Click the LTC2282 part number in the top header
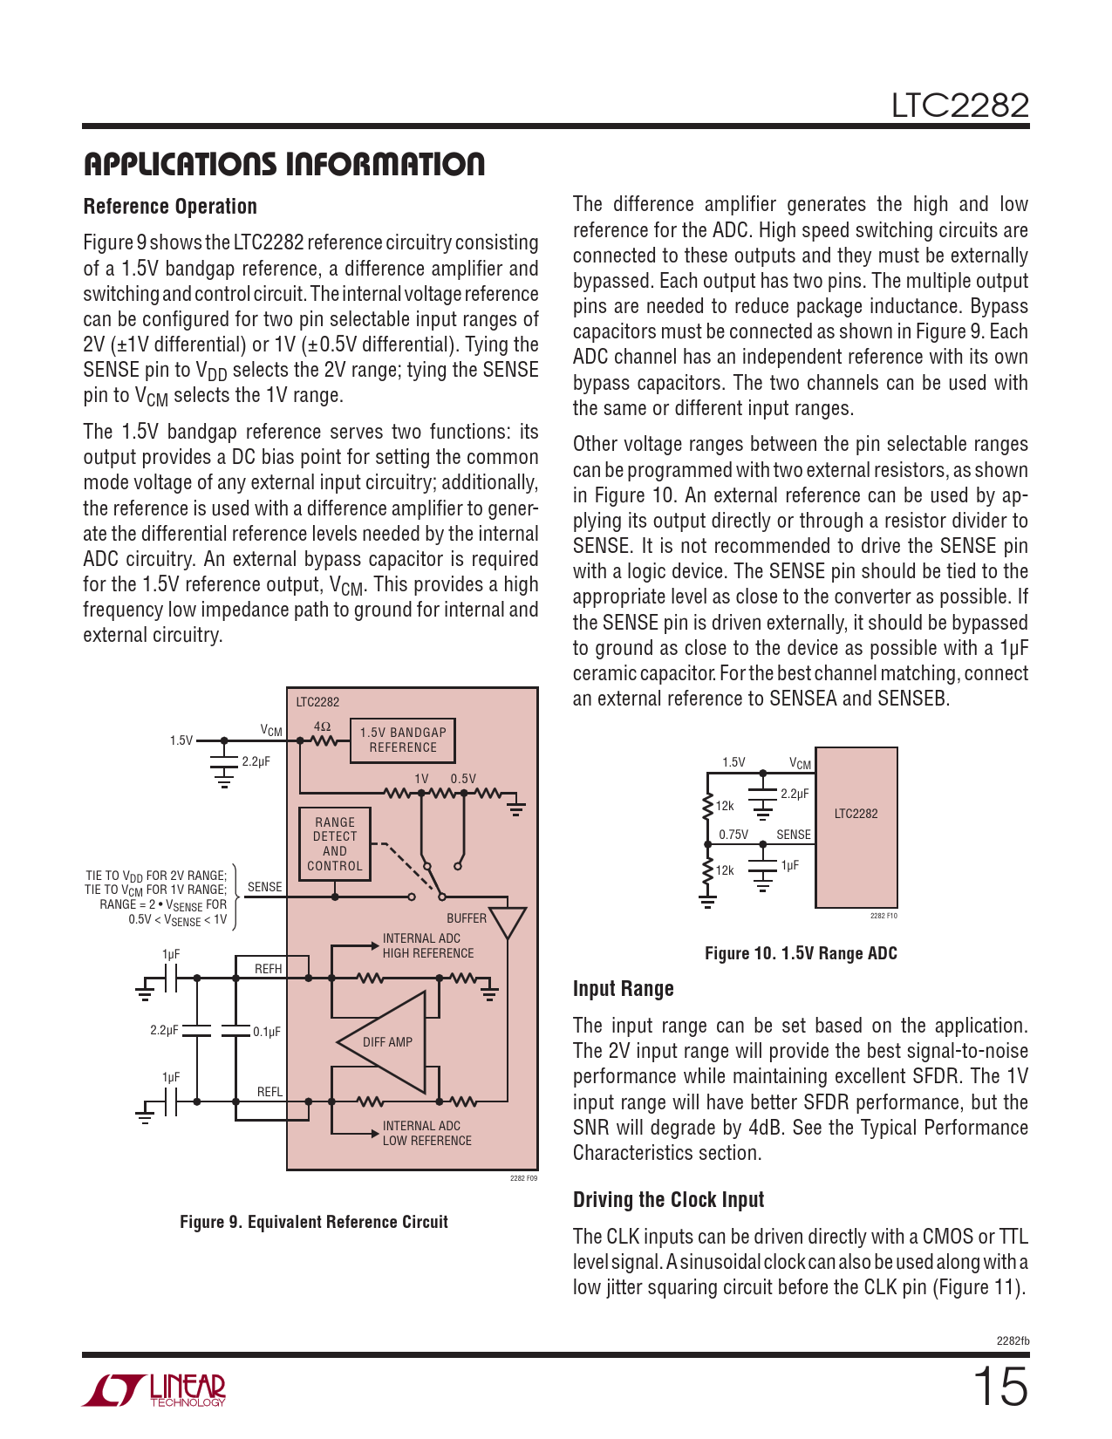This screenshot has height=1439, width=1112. click(959, 106)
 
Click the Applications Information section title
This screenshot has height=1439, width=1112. click(283, 164)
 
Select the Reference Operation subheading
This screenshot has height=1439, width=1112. click(170, 207)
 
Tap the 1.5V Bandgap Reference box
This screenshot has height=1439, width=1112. click(402, 740)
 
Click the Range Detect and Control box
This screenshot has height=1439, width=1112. click(335, 843)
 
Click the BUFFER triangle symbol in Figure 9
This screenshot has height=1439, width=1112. click(507, 921)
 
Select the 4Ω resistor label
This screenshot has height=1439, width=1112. click(322, 726)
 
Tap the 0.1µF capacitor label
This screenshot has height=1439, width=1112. click(267, 1031)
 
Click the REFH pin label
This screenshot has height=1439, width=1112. click(268, 969)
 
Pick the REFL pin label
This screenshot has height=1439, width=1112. click(269, 1092)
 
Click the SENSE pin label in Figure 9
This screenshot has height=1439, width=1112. click(264, 887)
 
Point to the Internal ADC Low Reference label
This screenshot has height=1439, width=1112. click(426, 1133)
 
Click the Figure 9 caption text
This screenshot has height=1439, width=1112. click(313, 1222)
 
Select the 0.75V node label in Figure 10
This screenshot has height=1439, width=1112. click(733, 834)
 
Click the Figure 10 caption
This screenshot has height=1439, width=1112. click(800, 953)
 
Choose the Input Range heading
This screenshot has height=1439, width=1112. click(623, 989)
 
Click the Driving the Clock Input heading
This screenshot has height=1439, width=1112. click(668, 1200)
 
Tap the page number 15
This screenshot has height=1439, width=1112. click(1000, 1386)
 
